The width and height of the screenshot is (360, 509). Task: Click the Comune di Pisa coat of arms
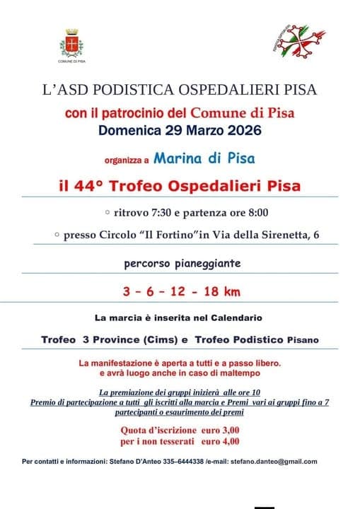(71, 43)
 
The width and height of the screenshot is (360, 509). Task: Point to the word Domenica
(129, 131)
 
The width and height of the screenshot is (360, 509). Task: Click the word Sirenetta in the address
(271, 234)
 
